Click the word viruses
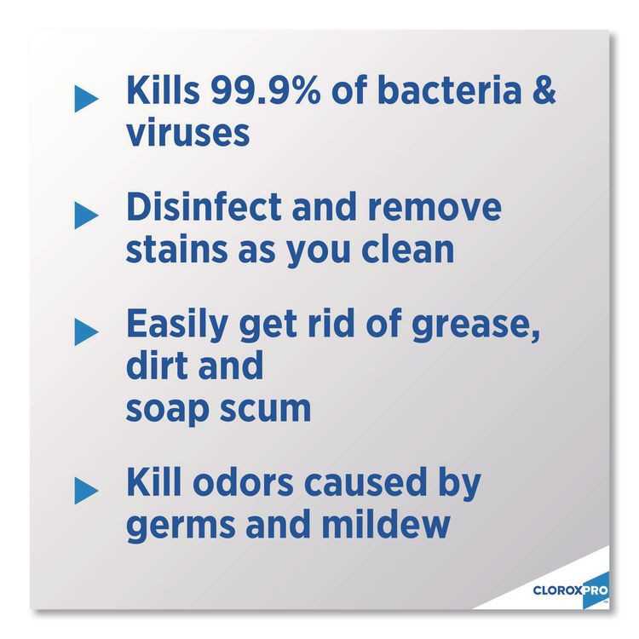pos(188,133)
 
